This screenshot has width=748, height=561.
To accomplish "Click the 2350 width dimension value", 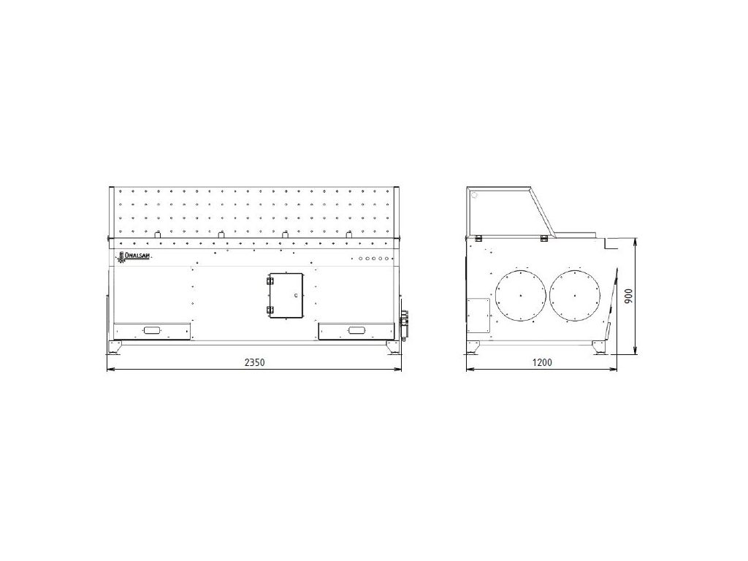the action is coord(254,362).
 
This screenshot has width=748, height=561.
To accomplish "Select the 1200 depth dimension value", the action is coord(542,362).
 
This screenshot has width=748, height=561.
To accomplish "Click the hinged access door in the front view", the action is coord(286,296).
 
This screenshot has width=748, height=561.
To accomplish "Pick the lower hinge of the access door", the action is coord(270,310).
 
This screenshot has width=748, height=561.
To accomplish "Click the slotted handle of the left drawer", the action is coord(152,330).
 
